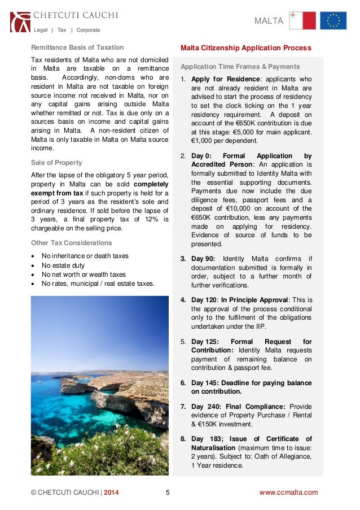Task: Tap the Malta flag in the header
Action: pos(302,20)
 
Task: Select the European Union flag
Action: pos(333,20)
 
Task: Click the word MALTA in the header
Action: pos(269,21)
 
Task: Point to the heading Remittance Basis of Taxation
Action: pos(77,47)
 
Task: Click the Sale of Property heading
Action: pos(56,163)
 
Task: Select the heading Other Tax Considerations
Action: pos(71,243)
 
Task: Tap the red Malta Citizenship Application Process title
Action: pos(245,48)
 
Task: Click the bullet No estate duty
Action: pos(63,265)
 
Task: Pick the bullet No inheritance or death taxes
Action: pos(85,256)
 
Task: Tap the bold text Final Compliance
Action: pos(255,407)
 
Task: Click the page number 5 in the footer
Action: pos(168,492)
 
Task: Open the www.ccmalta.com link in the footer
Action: pos(288,492)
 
